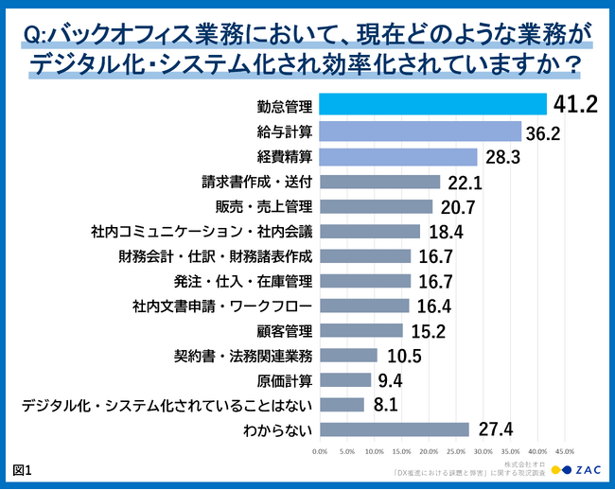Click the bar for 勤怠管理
coord(433,104)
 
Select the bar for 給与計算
coord(420,131)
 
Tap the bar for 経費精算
coord(398,156)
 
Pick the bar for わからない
coord(395,429)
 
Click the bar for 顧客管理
coord(361,330)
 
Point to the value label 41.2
coord(575,104)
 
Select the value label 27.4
coord(495,430)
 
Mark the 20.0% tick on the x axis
coord(429,451)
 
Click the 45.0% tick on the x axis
coord(565,451)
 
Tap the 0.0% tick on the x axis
coord(320,451)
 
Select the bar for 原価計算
coord(345,380)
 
